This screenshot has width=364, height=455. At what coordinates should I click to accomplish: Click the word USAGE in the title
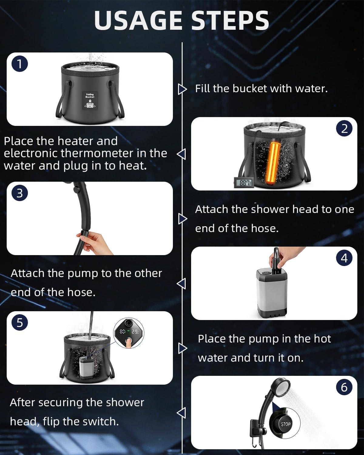136,21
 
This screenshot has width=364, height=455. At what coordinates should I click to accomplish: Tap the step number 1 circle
20,64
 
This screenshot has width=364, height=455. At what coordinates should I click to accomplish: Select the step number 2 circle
344,129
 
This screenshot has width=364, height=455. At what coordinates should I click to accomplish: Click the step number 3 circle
20,193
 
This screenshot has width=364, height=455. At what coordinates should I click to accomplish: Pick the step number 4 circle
344,258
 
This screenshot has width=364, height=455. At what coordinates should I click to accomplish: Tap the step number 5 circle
20,322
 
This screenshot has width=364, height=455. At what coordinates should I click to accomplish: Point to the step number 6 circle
344,387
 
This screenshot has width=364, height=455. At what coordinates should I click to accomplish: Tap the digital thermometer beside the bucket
245,183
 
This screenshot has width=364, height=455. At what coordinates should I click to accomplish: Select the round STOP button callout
285,423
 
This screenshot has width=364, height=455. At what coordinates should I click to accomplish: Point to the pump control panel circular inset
129,334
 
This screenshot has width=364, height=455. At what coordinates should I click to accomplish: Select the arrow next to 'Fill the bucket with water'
182,89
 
